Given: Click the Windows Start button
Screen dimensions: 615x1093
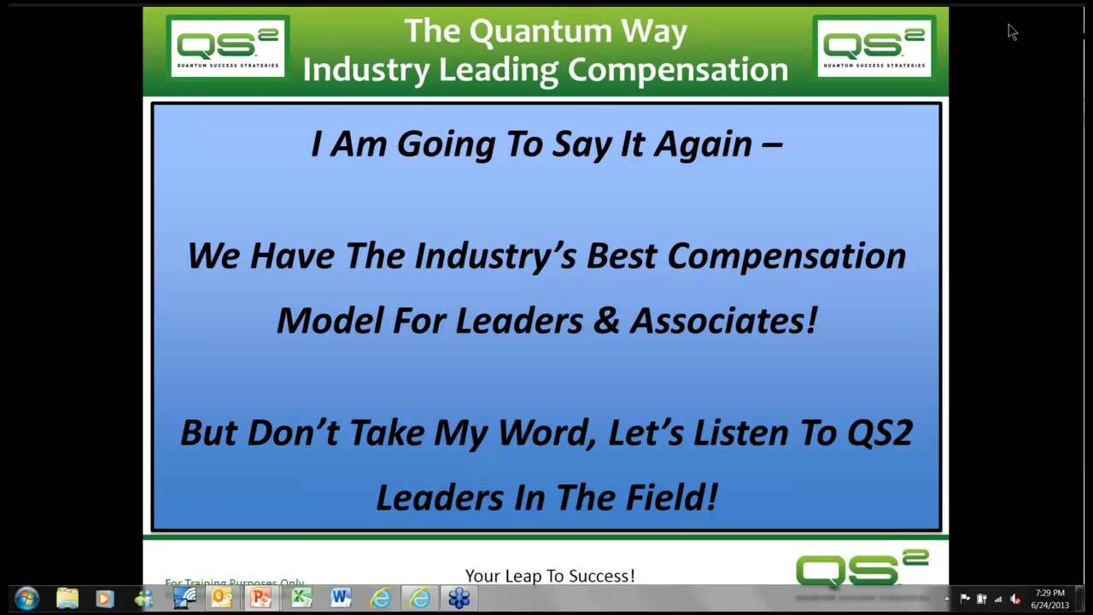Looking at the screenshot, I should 26,598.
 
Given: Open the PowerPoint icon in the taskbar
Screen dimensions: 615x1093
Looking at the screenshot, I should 261,598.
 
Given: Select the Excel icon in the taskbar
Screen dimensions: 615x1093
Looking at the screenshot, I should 301,598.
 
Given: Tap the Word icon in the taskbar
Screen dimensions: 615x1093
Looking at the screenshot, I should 341,598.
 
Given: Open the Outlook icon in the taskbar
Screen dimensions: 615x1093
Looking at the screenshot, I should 222,598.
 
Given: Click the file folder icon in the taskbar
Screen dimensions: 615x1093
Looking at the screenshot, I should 67,598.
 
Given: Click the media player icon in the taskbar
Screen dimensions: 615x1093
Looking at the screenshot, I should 105,598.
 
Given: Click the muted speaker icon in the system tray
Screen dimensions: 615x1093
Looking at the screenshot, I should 1015,599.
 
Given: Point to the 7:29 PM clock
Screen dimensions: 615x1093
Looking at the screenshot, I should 1049,593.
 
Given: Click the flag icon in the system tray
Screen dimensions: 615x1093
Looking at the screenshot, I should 965,599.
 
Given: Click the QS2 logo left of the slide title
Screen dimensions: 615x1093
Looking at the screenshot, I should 227,48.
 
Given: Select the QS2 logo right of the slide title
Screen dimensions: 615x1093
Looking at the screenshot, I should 874,48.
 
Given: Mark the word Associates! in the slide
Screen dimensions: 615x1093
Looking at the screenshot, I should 724,321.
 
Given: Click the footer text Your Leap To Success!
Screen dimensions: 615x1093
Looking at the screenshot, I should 550,577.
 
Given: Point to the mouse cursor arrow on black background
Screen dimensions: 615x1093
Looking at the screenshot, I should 1012,32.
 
